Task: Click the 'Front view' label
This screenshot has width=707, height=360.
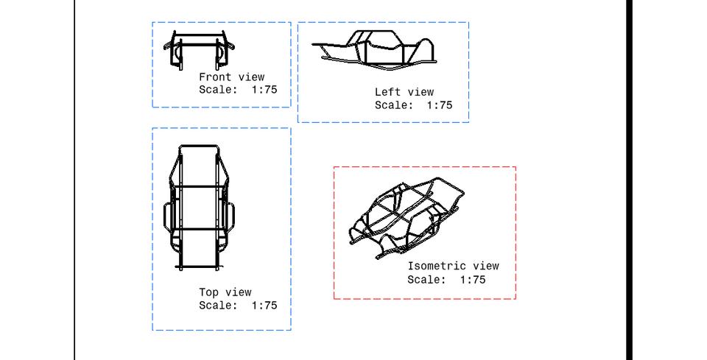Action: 231,77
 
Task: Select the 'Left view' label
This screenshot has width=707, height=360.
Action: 404,92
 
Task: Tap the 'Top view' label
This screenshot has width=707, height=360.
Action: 225,292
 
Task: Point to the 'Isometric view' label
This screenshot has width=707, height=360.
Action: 453,267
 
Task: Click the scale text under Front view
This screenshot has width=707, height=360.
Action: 238,90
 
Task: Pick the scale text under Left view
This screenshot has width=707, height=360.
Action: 413,105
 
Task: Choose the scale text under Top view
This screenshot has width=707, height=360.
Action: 238,306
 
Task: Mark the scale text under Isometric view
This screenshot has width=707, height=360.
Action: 446,280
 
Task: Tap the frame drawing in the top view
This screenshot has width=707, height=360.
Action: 199,207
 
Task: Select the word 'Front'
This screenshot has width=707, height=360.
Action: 215,77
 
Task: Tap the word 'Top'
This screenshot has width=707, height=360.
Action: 208,292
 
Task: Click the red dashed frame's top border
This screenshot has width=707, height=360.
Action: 424,167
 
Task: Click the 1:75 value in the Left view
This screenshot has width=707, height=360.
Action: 439,105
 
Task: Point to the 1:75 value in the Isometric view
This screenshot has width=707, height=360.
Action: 472,280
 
